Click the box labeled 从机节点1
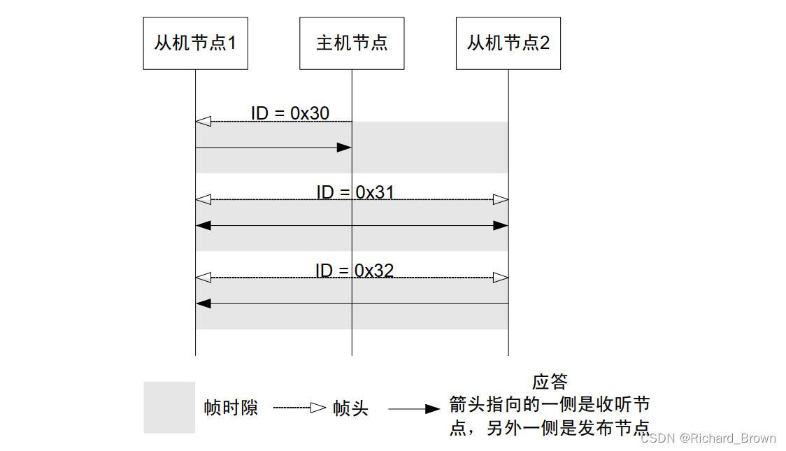click(195, 43)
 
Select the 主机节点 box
click(352, 43)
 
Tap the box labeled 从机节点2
click(508, 43)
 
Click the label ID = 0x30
click(290, 113)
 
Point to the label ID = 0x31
click(355, 192)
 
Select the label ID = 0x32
click(355, 270)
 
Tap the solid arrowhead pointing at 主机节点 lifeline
click(343, 148)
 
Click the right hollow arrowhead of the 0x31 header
click(500, 200)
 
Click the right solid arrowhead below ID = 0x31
click(500, 226)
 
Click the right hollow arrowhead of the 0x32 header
click(500, 278)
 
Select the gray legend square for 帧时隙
click(169, 407)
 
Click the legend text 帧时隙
click(231, 408)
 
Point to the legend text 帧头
click(350, 408)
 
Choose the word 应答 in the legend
click(550, 382)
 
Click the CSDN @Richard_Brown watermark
click(708, 438)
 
